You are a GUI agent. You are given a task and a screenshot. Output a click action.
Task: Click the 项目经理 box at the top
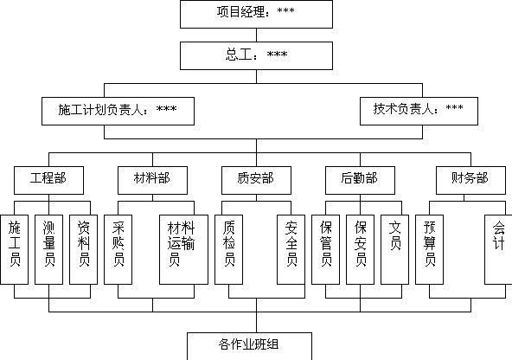tap(256, 14)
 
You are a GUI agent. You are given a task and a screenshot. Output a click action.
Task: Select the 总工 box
tap(256, 55)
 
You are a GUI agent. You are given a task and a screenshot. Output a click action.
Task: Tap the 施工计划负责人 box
tap(118, 111)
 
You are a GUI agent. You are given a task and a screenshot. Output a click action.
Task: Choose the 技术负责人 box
tap(419, 111)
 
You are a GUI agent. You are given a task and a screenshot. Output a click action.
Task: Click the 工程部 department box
tap(48, 180)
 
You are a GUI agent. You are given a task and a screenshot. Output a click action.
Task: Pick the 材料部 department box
tap(152, 180)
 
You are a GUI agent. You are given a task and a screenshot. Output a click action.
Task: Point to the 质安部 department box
tap(256, 180)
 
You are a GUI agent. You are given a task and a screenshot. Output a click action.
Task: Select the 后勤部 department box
tap(360, 180)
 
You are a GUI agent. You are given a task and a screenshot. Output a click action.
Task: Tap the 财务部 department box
tap(470, 180)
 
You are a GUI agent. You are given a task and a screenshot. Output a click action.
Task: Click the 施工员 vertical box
tap(14, 249)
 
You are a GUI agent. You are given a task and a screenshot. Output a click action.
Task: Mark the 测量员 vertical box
tap(48, 249)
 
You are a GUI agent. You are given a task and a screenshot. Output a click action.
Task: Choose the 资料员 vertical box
tap(83, 249)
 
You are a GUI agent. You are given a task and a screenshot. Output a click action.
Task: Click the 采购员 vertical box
tap(118, 249)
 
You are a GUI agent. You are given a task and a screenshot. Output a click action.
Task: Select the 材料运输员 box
tap(183, 249)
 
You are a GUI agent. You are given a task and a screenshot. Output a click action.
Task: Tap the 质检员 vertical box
tap(228, 249)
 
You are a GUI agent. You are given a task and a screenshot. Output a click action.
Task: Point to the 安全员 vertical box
tap(291, 249)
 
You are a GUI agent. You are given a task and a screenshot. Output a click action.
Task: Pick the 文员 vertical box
tap(394, 249)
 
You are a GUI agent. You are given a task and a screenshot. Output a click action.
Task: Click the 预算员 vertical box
tap(429, 249)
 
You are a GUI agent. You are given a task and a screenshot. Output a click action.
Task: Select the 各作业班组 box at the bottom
tap(249, 346)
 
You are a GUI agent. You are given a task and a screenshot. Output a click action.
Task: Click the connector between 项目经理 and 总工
tap(256, 35)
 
